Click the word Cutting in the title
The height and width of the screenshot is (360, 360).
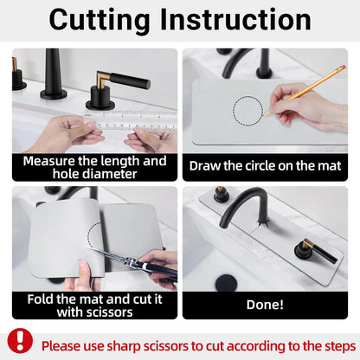tap(100, 20)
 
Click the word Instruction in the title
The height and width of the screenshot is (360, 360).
tap(235, 19)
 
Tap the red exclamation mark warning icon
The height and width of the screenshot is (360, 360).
tap(20, 341)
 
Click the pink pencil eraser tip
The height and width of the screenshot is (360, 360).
tap(344, 67)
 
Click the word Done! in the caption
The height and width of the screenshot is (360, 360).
tap(265, 305)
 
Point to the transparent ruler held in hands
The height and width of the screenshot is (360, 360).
tap(131, 120)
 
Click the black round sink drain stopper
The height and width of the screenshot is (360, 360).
tap(227, 283)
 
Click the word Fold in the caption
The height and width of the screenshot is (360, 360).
tap(41, 299)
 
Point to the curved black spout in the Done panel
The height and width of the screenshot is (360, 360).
tap(241, 202)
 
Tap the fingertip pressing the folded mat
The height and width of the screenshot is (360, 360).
tap(83, 265)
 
